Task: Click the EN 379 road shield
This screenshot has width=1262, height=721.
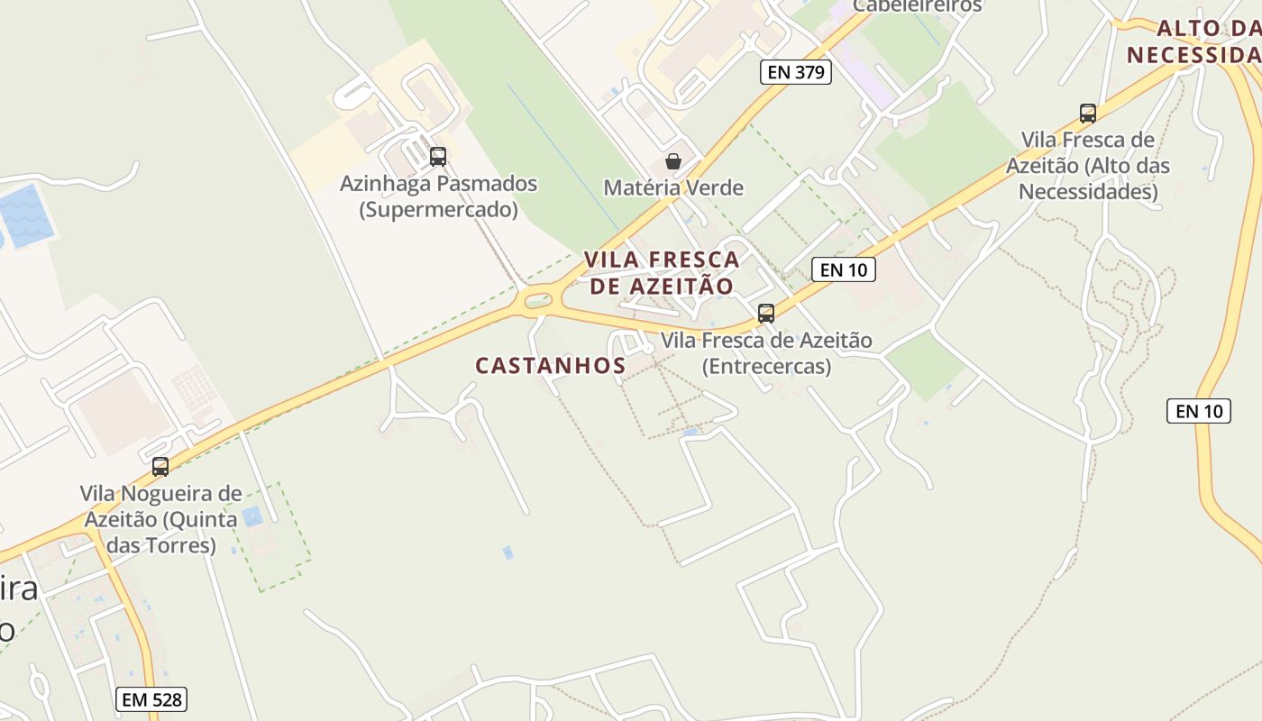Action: click(796, 72)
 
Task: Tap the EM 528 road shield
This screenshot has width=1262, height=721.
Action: click(151, 698)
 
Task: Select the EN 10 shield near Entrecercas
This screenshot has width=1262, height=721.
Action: click(844, 269)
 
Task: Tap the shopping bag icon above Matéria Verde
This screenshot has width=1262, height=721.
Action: click(672, 161)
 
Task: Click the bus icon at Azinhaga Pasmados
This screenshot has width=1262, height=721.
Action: click(438, 156)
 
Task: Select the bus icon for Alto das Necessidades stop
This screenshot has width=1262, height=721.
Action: click(1088, 114)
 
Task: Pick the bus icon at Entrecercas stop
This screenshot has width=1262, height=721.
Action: click(766, 314)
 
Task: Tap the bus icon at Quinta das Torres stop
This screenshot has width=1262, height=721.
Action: click(160, 467)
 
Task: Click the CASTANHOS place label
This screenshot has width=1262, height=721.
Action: click(550, 365)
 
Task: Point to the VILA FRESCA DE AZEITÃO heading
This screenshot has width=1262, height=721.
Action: click(662, 272)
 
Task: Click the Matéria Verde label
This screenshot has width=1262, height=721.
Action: click(673, 187)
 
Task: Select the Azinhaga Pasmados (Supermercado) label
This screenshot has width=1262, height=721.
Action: click(438, 196)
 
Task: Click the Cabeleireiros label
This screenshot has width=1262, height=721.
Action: click(917, 5)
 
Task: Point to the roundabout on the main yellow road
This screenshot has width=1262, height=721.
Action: click(538, 299)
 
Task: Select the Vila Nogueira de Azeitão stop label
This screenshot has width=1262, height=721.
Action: click(160, 519)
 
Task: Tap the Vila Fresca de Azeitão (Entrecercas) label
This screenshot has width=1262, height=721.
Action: click(766, 353)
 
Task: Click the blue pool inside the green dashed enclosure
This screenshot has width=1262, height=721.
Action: click(251, 516)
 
